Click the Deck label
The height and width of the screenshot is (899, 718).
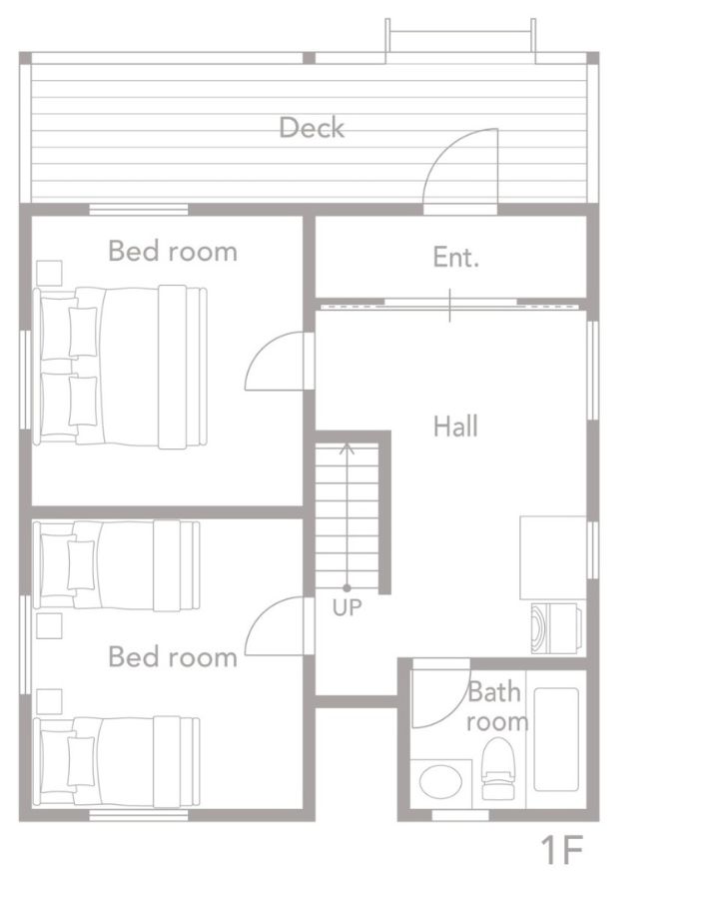pos(312,127)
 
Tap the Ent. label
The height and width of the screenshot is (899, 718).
pos(456,257)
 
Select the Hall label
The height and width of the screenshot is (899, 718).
pos(455,427)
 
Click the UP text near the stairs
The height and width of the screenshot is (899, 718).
pos(348,607)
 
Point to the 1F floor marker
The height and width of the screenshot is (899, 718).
pos(562,850)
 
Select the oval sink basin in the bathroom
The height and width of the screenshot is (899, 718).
pos(440,781)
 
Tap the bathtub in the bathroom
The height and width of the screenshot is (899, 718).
pos(556,739)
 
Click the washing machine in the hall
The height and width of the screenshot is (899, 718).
pos(556,628)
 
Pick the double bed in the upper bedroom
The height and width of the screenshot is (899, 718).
pos(120,367)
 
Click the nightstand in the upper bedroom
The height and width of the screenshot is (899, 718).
pos(49,273)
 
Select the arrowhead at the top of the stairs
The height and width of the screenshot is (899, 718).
pos(347,449)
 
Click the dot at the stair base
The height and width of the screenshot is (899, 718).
pos(347,587)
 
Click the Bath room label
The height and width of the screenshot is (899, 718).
pos(496,707)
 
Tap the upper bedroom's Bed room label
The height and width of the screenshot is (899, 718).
pos(173,251)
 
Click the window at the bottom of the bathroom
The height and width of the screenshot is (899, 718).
pos(460,815)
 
